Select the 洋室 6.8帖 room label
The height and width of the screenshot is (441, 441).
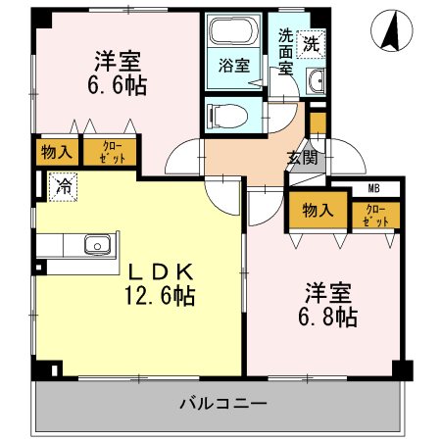point(329,304)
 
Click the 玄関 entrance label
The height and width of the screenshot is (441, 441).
point(301,157)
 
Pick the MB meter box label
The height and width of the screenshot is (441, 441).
point(374,189)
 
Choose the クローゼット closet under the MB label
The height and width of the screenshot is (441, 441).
point(375,215)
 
